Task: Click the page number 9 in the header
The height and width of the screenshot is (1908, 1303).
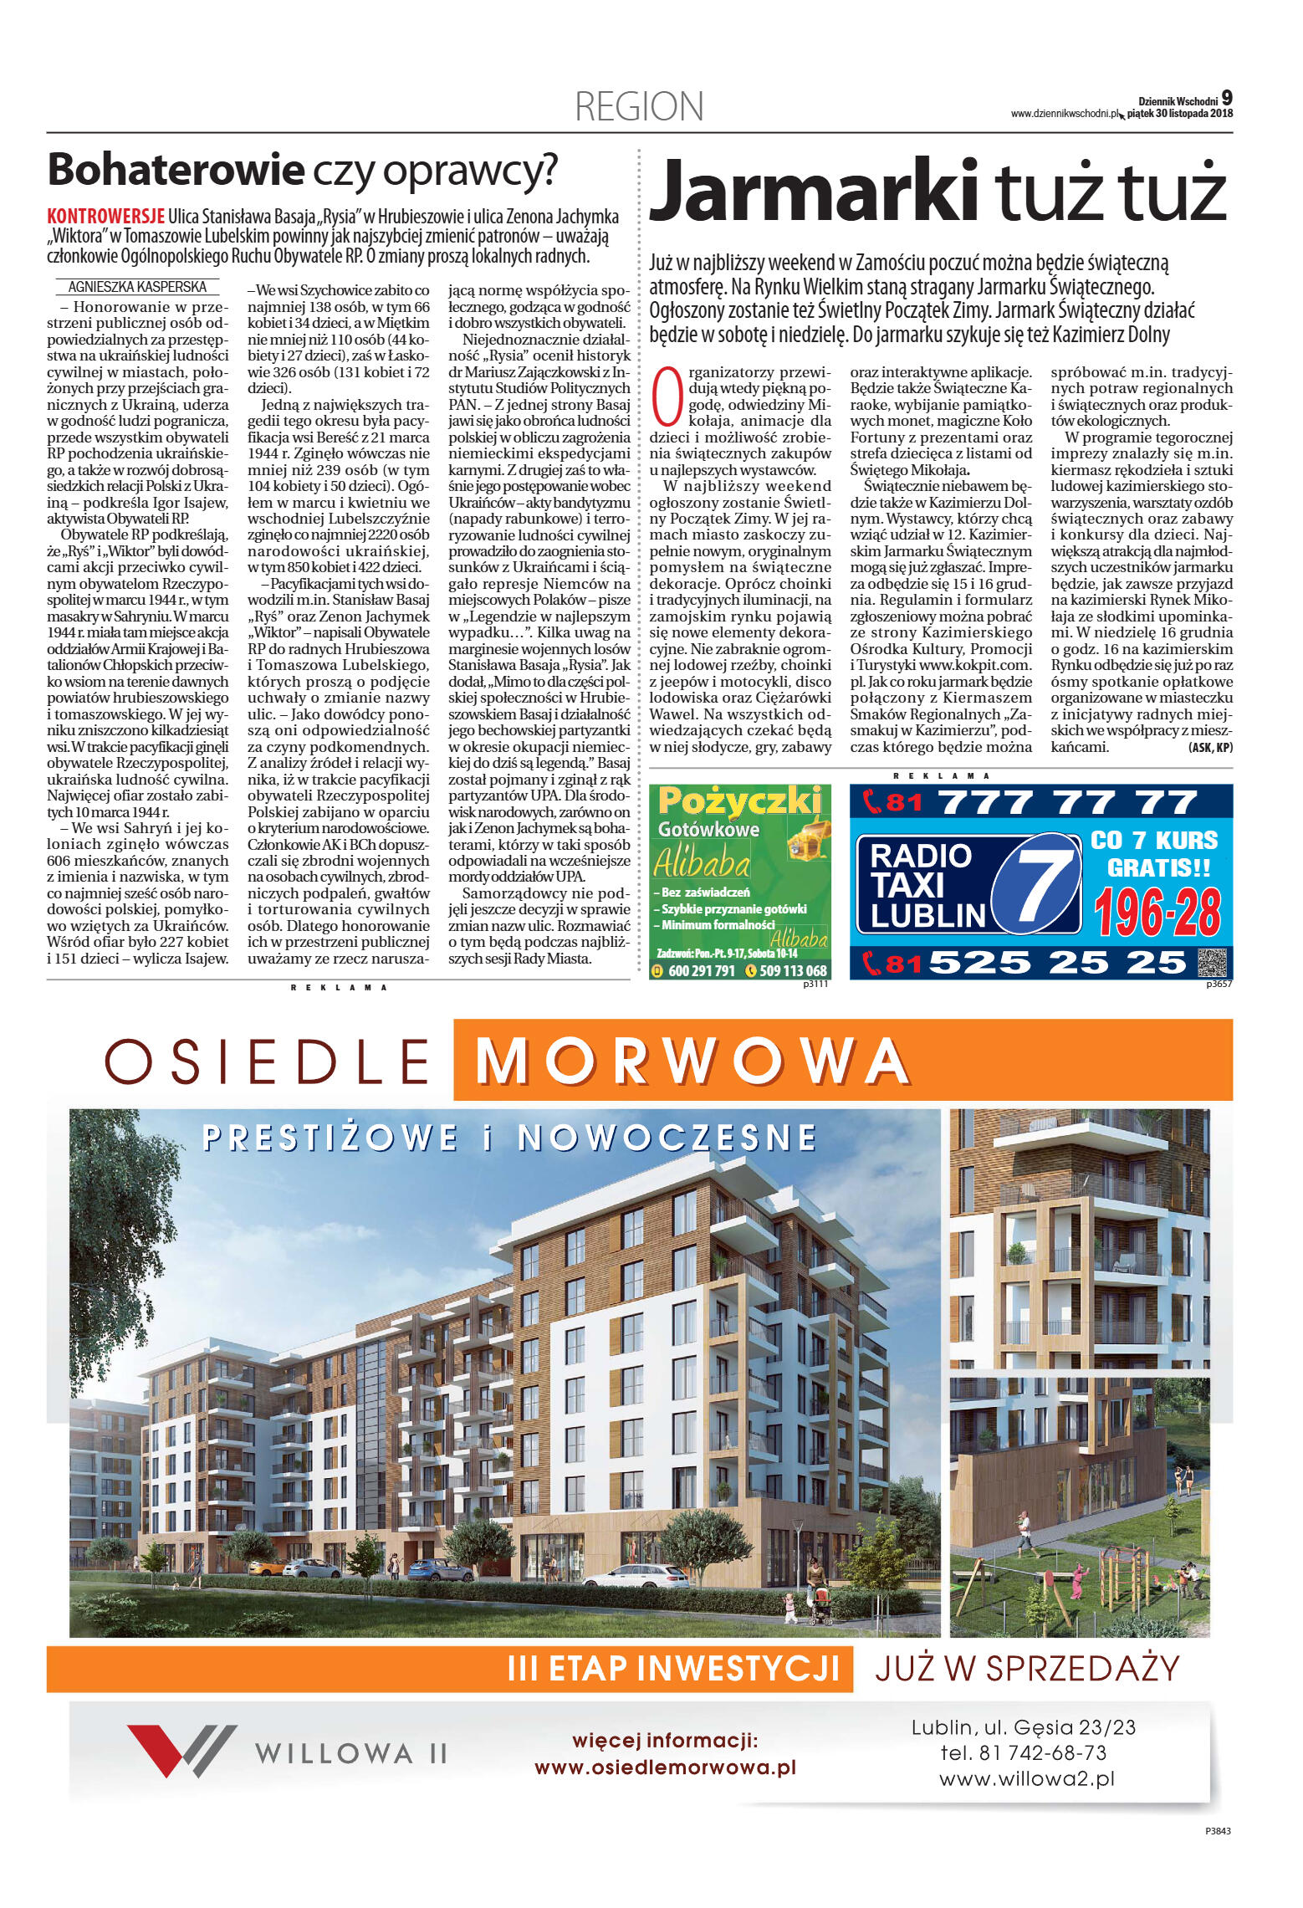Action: [1226, 98]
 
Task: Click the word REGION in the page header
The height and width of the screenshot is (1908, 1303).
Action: [639, 107]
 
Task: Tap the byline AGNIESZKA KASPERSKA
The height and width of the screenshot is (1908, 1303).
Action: [137, 287]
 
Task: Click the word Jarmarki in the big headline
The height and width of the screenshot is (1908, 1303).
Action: [813, 191]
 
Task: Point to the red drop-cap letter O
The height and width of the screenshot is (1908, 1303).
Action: [667, 396]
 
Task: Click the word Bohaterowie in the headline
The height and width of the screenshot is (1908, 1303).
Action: [176, 170]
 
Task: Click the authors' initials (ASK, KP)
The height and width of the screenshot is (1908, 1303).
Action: [1209, 747]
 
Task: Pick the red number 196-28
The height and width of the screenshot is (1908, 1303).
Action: [1157, 912]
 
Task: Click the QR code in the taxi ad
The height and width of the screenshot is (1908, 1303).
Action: [1214, 964]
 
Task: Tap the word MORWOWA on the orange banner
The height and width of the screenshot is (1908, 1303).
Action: [692, 1061]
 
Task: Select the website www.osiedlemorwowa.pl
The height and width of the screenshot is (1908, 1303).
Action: [665, 1767]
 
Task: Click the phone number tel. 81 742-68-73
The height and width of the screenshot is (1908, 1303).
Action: [1023, 1752]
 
